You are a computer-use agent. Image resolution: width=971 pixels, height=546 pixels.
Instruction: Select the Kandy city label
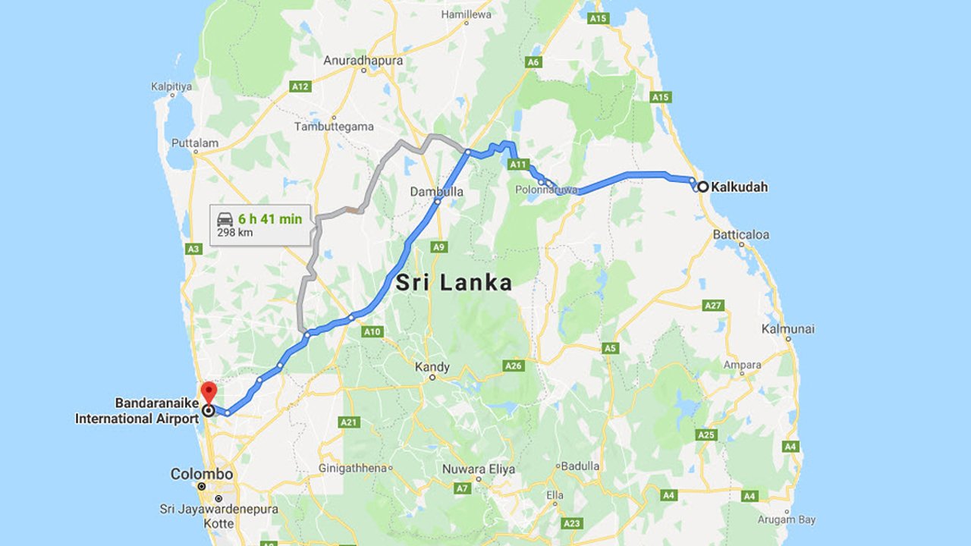pos(432,367)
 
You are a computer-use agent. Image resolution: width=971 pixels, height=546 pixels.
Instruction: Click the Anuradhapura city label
pos(363,60)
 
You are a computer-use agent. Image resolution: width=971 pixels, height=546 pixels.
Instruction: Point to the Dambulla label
pos(436,192)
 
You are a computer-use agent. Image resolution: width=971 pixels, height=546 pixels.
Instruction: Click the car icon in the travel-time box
pos(225,219)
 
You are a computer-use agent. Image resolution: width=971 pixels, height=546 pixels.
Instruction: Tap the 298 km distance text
pos(235,233)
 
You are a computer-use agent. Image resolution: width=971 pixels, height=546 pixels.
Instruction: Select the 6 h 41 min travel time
pos(270,219)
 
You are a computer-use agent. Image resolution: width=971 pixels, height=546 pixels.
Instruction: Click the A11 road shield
pos(518,164)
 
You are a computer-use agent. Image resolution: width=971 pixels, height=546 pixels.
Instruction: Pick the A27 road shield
pos(713,305)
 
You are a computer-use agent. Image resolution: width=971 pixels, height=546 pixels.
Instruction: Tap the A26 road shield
pos(514,366)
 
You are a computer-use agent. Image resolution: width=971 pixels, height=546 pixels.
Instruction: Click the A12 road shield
pos(300,87)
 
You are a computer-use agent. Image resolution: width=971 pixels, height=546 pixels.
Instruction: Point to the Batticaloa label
pos(740,235)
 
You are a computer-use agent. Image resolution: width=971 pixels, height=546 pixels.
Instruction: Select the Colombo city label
pos(201,474)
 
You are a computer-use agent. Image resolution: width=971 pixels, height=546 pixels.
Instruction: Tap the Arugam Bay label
pos(787,519)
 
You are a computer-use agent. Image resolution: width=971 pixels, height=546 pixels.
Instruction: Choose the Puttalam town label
pos(195,143)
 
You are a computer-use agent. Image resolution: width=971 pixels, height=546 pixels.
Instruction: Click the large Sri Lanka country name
pos(454,284)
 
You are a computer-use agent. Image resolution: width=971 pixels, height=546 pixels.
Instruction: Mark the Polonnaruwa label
pos(546,190)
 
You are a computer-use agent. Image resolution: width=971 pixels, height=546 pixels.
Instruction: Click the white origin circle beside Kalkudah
pos(703,187)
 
